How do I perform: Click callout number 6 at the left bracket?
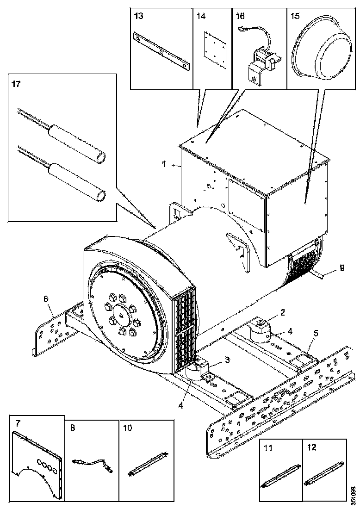(x=45, y=299)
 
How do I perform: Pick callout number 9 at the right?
(x=341, y=267)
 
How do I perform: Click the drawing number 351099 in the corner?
(x=354, y=494)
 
